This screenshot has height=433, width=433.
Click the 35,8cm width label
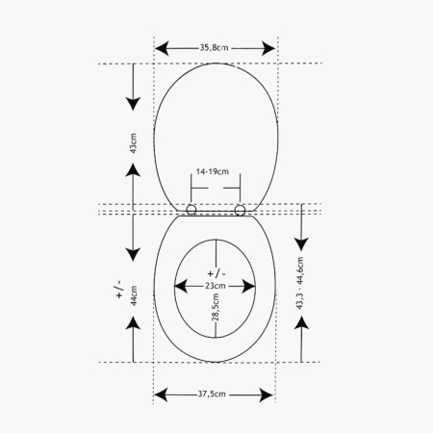(x=214, y=48)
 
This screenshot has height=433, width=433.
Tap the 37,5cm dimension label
(x=212, y=394)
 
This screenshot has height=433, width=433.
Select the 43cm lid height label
(x=134, y=143)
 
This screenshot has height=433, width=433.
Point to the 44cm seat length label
(x=134, y=295)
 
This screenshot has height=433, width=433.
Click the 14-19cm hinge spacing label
(x=213, y=171)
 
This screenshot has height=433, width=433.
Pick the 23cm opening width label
(x=216, y=286)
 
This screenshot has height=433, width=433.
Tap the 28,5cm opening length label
(x=216, y=307)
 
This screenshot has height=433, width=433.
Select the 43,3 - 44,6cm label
(x=299, y=283)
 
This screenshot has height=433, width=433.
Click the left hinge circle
(x=191, y=210)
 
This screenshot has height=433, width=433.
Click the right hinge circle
(x=240, y=211)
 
